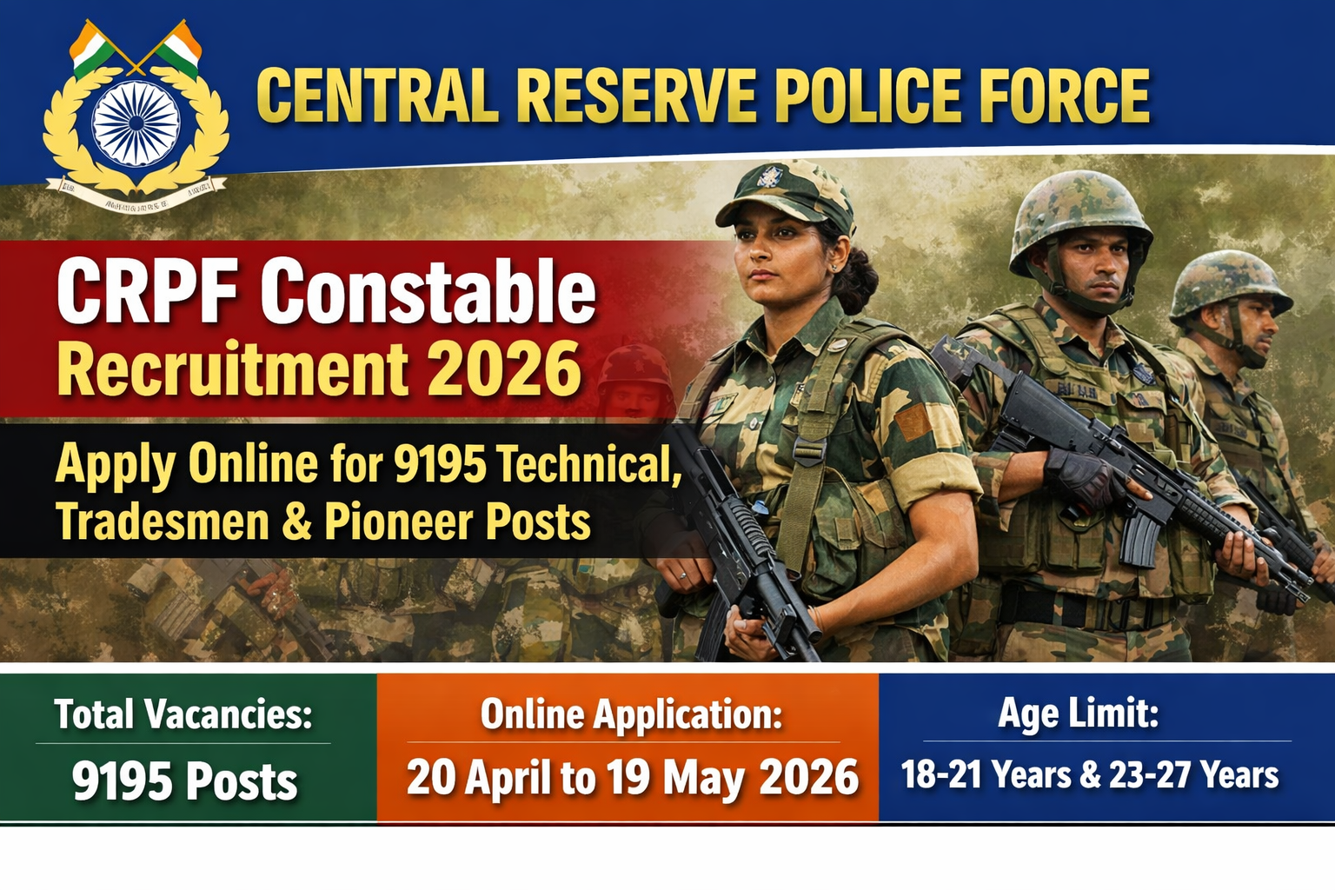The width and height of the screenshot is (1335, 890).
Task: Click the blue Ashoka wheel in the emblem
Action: point(136,123)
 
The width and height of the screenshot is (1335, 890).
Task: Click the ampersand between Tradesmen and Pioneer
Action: point(296,522)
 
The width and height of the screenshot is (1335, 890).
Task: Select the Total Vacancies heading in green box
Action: point(183,714)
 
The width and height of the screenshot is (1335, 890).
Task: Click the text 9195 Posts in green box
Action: point(184,780)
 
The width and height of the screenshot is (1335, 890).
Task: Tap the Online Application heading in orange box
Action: point(631,714)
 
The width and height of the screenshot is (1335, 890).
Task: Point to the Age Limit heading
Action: point(1078,714)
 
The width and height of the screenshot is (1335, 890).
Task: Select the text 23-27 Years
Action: point(1193,774)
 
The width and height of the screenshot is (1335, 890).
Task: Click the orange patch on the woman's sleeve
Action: point(913,422)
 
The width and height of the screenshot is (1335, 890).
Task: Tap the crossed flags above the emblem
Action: point(136,48)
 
